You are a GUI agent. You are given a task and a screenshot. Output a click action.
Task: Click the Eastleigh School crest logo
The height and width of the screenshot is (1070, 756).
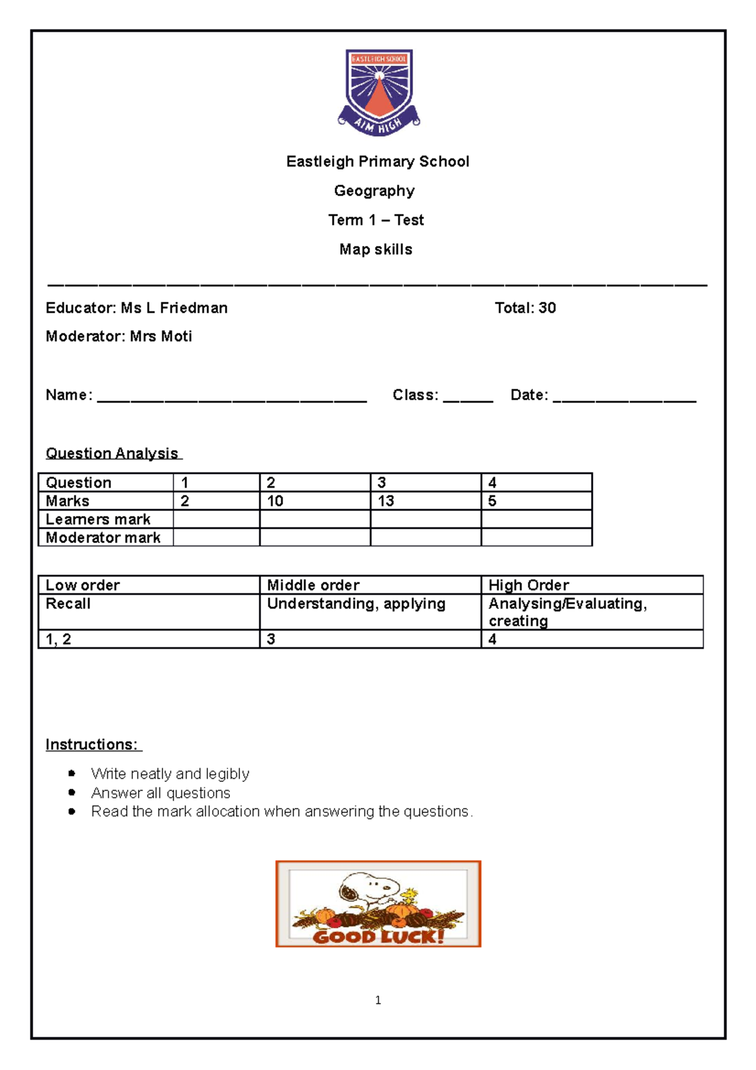click(379, 92)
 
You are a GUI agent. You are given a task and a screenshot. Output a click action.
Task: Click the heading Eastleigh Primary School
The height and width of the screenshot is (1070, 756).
click(377, 162)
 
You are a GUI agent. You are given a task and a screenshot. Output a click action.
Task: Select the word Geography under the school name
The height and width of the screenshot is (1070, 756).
click(374, 191)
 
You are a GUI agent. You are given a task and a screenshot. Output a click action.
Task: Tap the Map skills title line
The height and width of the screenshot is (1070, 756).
click(375, 250)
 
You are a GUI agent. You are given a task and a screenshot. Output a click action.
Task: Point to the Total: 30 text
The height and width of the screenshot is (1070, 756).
click(525, 308)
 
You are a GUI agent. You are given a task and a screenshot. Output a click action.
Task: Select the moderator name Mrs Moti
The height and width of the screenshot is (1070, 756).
click(161, 337)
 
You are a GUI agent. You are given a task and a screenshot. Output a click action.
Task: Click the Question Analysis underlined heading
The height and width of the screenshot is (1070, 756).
click(113, 453)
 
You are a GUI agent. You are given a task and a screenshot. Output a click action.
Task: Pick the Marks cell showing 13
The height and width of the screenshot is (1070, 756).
click(425, 501)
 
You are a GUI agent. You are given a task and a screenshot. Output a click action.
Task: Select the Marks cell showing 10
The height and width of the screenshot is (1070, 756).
click(314, 501)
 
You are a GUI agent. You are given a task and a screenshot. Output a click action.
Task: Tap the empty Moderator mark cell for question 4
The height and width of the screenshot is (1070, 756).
click(536, 538)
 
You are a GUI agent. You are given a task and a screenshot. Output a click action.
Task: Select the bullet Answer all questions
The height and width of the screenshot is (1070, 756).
click(161, 793)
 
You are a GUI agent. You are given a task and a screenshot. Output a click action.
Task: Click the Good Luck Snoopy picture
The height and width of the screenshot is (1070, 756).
click(378, 904)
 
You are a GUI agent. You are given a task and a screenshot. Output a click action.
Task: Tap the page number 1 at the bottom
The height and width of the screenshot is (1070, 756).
click(378, 1000)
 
